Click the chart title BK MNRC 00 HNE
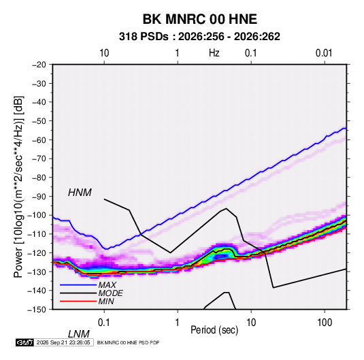click(x=199, y=19)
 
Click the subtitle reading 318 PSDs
click(x=144, y=37)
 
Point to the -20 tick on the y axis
click(x=39, y=65)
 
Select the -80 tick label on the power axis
click(x=39, y=178)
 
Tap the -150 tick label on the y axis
click(x=37, y=310)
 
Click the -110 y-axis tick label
click(x=37, y=234)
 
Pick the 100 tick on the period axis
click(x=325, y=323)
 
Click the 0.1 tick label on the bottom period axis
click(x=104, y=323)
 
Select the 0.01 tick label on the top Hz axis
click(x=324, y=53)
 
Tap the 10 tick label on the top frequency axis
click(x=104, y=53)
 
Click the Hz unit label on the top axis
click(x=214, y=53)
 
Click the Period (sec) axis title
click(x=214, y=330)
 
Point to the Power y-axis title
click(x=18, y=186)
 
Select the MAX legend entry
click(x=107, y=285)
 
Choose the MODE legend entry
click(x=110, y=293)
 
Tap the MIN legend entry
click(x=106, y=301)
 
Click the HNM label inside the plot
click(x=80, y=193)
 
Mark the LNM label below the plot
click(x=78, y=334)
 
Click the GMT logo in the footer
click(x=25, y=342)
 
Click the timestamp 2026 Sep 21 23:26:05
click(x=63, y=342)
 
